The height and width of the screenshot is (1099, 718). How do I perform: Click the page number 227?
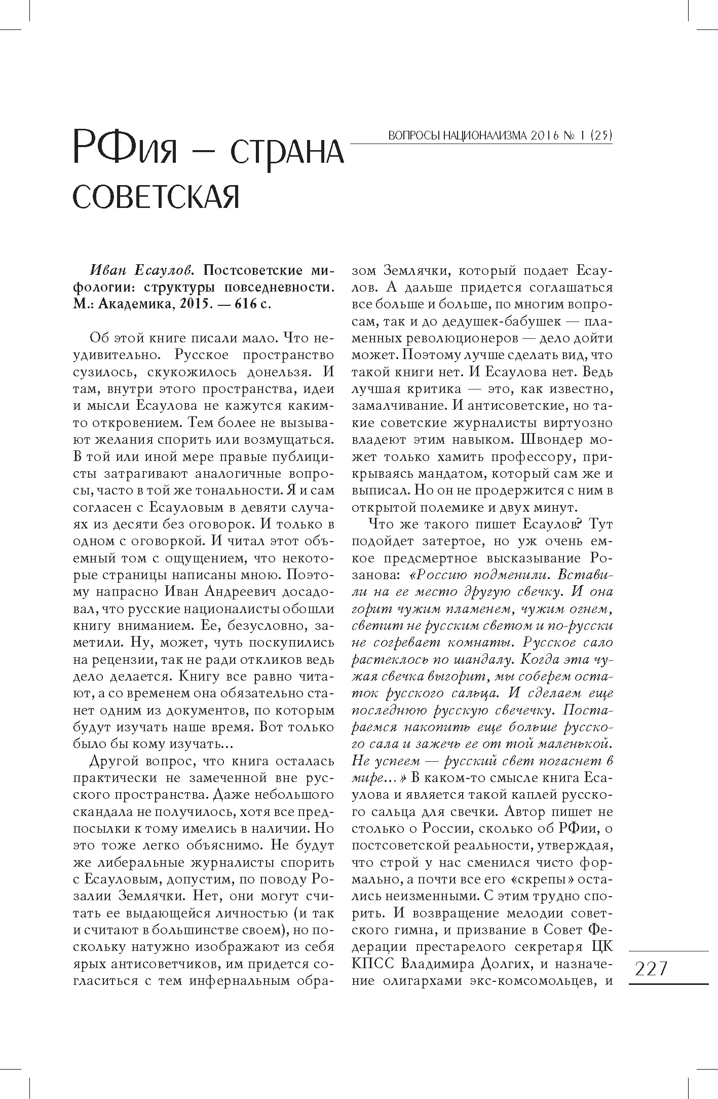tap(651, 969)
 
